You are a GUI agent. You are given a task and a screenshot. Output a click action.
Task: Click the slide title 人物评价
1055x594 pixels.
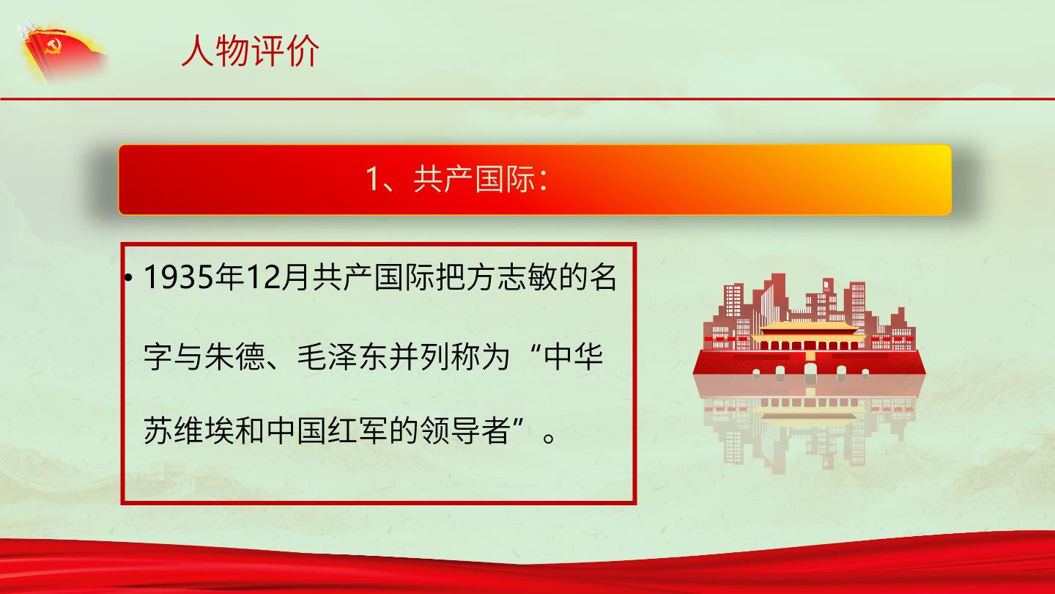coord(250,51)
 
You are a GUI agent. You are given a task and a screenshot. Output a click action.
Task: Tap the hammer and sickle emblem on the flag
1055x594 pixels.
coord(52,46)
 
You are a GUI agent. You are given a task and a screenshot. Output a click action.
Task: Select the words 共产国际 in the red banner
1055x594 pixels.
coord(474,179)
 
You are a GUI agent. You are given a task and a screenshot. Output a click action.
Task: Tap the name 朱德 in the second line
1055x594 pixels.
coord(234,356)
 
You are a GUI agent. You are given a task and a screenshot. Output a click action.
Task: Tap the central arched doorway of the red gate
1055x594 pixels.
coord(810,370)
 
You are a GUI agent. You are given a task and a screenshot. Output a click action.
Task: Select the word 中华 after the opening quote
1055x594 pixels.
coord(573,356)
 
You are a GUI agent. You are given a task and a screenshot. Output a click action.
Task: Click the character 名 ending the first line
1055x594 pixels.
coord(603,277)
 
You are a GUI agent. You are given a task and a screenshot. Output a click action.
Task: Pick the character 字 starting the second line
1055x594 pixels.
coord(158,356)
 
